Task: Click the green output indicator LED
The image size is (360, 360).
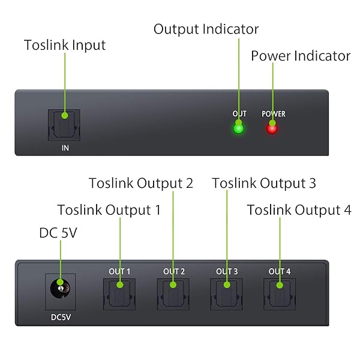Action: click(x=239, y=128)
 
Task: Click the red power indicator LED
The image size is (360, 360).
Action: click(x=272, y=128)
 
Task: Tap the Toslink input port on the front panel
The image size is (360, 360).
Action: click(x=64, y=125)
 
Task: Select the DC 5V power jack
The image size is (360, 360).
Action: click(x=59, y=290)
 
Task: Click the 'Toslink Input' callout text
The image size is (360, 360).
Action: click(x=65, y=45)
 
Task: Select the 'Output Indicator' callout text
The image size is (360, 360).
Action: click(x=206, y=29)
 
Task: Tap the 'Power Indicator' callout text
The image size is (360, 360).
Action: click(x=300, y=56)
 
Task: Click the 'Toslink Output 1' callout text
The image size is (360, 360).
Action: click(x=109, y=210)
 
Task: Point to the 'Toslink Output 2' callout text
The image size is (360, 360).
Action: click(x=141, y=183)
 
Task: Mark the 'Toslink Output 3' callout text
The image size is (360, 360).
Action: click(x=264, y=183)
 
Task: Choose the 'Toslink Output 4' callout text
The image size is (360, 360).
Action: click(x=299, y=210)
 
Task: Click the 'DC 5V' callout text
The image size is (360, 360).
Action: click(x=58, y=232)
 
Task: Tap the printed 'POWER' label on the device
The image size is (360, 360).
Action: click(x=273, y=113)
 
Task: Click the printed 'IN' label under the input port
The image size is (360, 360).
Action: click(x=64, y=147)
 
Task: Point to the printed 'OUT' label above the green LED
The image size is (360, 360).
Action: click(x=239, y=113)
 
